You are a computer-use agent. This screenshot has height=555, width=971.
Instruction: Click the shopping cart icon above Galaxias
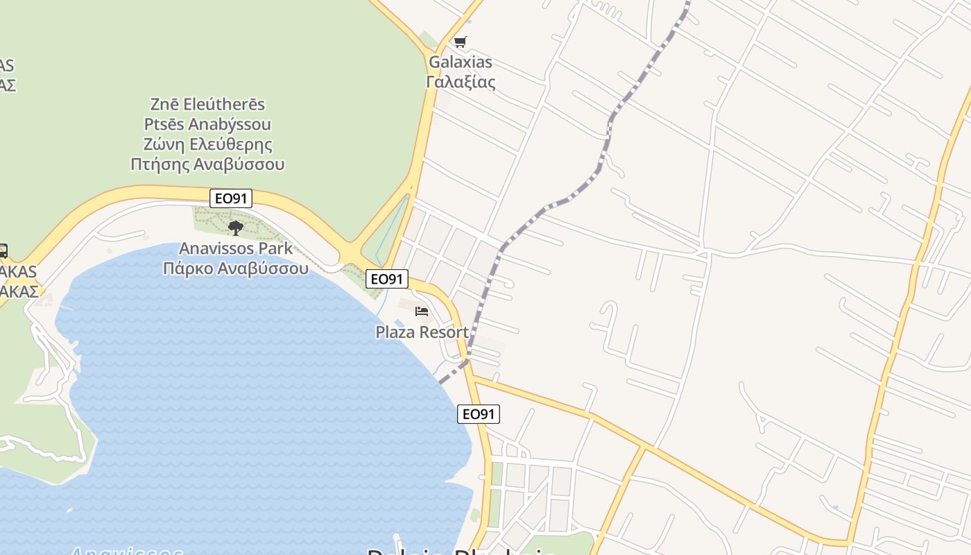pyautogui.click(x=461, y=42)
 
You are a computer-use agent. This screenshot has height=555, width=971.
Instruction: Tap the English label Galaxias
pyautogui.click(x=461, y=62)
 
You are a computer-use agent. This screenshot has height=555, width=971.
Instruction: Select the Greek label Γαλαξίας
pyautogui.click(x=461, y=82)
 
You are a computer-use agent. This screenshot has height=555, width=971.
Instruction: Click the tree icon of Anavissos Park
pyautogui.click(x=236, y=228)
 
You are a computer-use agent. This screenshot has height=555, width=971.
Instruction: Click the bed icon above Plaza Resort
pyautogui.click(x=422, y=311)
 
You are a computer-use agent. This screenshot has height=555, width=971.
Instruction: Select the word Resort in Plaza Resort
pyautogui.click(x=442, y=332)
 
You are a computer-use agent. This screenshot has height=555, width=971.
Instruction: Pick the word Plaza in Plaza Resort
pyautogui.click(x=394, y=332)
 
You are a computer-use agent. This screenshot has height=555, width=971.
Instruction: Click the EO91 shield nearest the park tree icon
pyautogui.click(x=231, y=198)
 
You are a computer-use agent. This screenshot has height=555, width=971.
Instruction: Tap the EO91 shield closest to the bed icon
pyautogui.click(x=387, y=279)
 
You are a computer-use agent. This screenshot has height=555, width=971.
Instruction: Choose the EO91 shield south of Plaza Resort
pyautogui.click(x=479, y=414)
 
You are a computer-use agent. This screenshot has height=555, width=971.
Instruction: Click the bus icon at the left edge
pyautogui.click(x=3, y=250)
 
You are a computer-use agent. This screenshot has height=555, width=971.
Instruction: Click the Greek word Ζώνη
pyautogui.click(x=163, y=145)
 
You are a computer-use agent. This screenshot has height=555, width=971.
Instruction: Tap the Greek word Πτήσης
pyautogui.click(x=159, y=165)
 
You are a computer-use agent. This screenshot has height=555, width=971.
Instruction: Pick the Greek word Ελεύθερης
pyautogui.click(x=230, y=145)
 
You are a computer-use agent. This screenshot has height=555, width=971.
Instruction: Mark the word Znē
pyautogui.click(x=165, y=105)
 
